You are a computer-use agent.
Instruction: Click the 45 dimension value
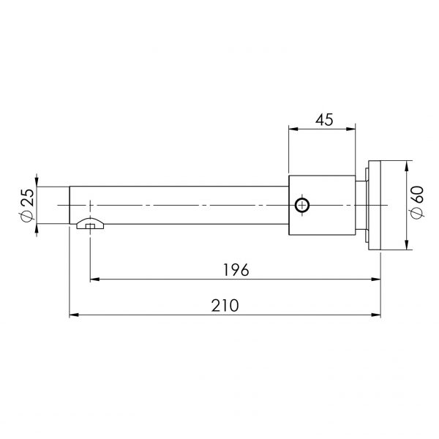click(x=324, y=120)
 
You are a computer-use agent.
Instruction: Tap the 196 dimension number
click(x=236, y=270)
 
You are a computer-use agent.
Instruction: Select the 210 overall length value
click(x=225, y=305)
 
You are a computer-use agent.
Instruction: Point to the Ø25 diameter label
click(x=28, y=205)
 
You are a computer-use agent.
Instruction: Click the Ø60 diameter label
click(x=417, y=202)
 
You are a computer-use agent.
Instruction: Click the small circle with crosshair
click(x=302, y=205)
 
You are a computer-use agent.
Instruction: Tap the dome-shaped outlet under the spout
click(x=90, y=223)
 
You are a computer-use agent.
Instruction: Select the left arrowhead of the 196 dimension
click(x=94, y=279)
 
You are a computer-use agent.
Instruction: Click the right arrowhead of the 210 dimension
click(x=376, y=315)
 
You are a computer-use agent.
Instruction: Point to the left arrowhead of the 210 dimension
click(x=74, y=315)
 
